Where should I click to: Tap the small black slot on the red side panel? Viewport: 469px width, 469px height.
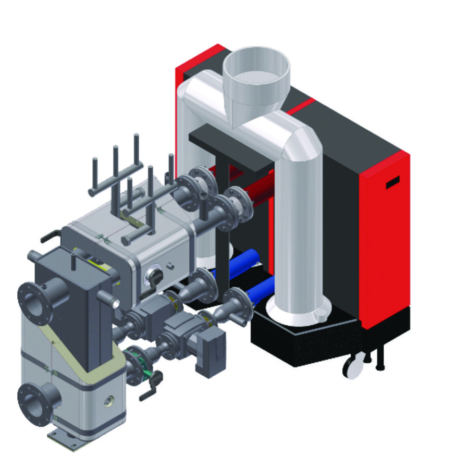[x=392, y=182]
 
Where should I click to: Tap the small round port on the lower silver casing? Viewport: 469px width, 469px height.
[x=109, y=401]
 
